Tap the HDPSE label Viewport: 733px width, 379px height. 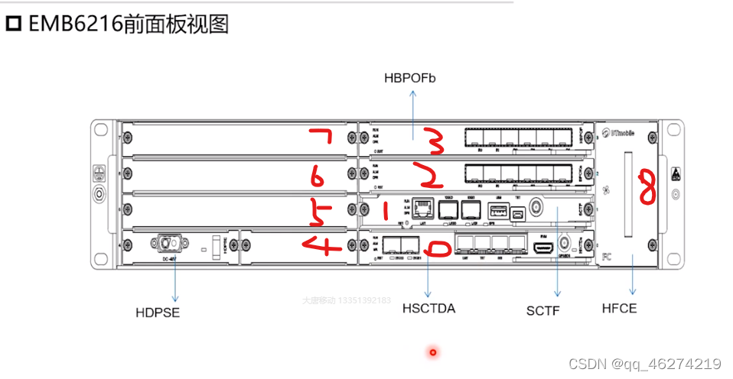click(158, 312)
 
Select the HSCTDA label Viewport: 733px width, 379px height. click(428, 309)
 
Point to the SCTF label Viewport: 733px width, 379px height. click(542, 310)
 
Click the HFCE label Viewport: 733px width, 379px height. click(620, 309)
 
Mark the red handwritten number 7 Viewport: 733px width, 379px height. click(320, 139)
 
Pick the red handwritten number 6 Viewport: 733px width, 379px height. click(316, 177)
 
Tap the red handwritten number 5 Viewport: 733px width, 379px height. click(315, 213)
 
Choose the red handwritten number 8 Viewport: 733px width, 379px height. click(647, 188)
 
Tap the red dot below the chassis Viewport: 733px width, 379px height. click(433, 352)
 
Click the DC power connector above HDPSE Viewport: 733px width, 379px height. click(170, 244)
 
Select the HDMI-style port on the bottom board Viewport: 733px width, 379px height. click(543, 248)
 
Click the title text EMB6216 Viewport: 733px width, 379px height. click(76, 24)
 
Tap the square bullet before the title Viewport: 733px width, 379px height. click(15, 25)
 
